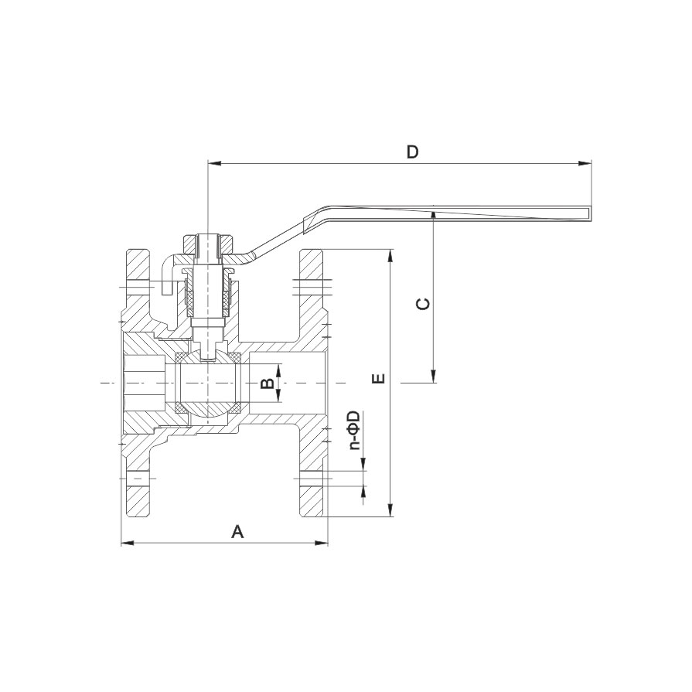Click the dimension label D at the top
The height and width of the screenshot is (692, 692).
tap(412, 152)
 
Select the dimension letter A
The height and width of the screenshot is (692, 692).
tap(238, 532)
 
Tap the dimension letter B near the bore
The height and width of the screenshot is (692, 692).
tap(267, 383)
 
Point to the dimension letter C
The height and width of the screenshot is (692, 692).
tap(423, 304)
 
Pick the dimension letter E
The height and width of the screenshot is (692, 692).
tap(379, 378)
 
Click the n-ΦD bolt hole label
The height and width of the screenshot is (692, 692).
tap(354, 431)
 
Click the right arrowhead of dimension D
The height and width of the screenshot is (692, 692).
tap(585, 164)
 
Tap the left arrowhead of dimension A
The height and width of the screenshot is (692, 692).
tap(128, 543)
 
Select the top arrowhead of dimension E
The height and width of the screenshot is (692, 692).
tap(390, 257)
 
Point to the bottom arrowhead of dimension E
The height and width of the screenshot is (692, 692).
tap(390, 510)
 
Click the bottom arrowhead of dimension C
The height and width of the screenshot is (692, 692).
tap(434, 376)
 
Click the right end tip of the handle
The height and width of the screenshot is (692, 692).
tap(591, 213)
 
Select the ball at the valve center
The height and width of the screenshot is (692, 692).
tap(208, 383)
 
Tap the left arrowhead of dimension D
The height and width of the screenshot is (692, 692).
tap(214, 164)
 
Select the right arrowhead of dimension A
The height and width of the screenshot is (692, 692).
tap(322, 543)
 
